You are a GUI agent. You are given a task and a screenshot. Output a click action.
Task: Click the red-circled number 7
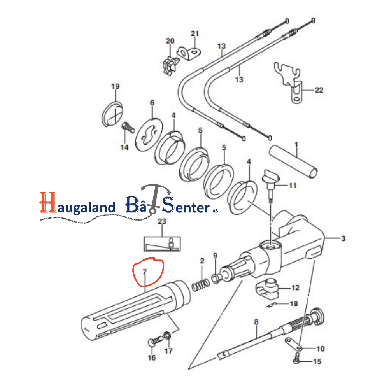145,272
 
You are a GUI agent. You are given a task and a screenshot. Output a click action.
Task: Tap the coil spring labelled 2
201,285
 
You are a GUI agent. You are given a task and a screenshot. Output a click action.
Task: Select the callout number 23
162,221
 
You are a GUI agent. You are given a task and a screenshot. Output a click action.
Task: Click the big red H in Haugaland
48,202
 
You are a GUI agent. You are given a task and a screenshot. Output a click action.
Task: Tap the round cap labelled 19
112,114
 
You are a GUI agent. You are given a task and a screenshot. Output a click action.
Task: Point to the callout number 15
317,361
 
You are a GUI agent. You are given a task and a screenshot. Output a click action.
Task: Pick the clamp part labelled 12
267,288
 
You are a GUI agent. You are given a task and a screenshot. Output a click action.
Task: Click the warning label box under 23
162,244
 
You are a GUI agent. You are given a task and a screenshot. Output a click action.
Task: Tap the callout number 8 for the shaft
256,322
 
